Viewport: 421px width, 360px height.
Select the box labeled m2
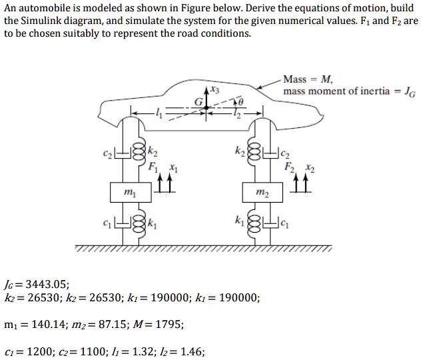coord(262,191)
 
